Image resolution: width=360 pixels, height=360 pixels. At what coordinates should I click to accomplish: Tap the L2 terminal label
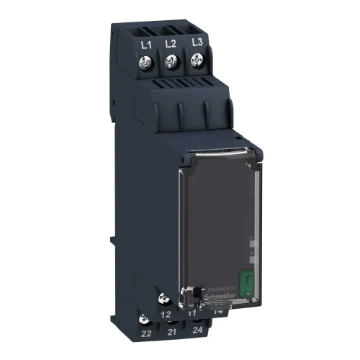171,44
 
